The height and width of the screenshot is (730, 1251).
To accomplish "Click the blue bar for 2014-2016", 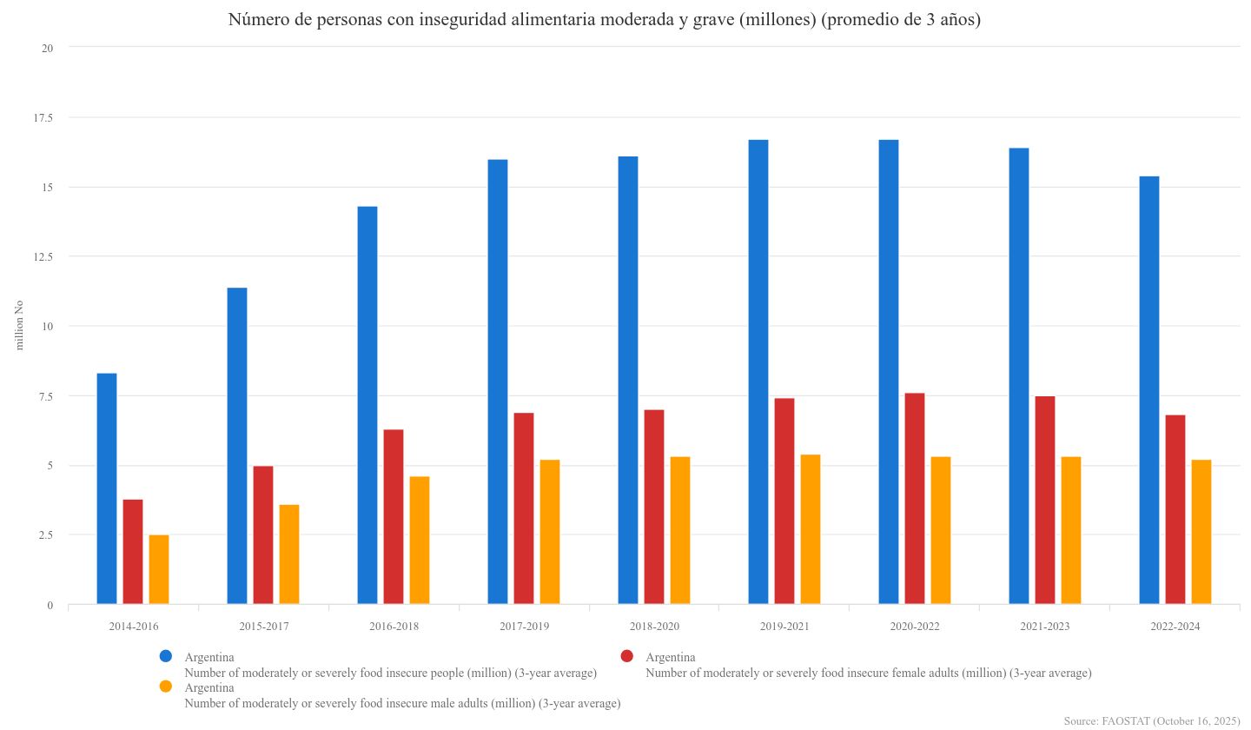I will (107, 488).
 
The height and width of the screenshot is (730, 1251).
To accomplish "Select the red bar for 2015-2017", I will (263, 534).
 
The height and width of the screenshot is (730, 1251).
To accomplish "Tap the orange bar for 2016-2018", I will (420, 540).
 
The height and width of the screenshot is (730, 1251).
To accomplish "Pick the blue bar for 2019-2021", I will (758, 372).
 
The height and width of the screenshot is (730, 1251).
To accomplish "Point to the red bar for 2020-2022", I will (915, 498).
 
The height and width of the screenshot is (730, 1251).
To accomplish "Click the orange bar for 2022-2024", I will (1201, 532).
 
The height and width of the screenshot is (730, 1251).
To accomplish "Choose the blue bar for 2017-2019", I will (498, 382).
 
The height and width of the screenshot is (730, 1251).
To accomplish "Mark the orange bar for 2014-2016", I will (159, 569).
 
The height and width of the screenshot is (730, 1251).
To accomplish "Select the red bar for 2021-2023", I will (1045, 500).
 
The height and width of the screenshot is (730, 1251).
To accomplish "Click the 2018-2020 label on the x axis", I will (654, 627).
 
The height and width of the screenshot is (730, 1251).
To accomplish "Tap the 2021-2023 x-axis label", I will (1045, 627).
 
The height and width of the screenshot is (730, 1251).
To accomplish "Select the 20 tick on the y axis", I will (48, 48).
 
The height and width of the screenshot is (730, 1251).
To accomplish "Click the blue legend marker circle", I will (167, 655).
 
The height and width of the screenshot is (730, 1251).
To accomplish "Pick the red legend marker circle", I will (628, 655).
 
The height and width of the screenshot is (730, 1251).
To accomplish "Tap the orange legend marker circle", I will (167, 687).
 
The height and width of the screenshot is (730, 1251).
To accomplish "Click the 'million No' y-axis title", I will (19, 326).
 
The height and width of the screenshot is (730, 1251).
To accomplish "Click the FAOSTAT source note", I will (1151, 721).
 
